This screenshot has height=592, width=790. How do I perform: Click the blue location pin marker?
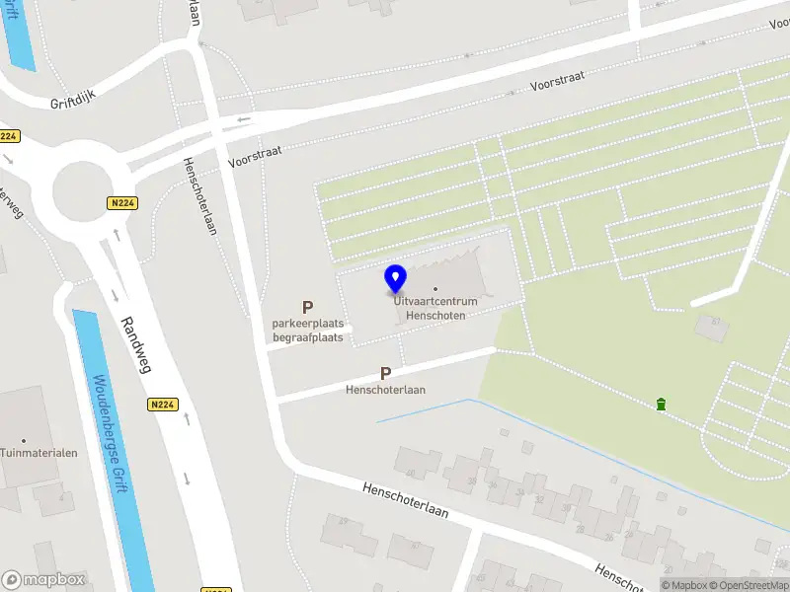pos(396,278)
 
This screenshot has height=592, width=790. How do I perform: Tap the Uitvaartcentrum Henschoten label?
pos(435,307)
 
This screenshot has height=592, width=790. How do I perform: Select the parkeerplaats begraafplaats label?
pos(308,331)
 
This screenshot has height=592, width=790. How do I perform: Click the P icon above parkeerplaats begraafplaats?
pos(308,308)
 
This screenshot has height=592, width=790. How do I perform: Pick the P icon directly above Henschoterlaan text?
pos(386,374)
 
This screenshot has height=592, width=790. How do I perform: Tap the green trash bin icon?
pos(660,404)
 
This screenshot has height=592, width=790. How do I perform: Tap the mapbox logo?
pos(43,580)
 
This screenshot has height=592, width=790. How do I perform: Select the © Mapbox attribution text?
pos(682,585)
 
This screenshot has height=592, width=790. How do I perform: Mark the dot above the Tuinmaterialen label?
pos(24,440)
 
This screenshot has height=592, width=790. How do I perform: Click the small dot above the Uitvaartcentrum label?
pos(435,289)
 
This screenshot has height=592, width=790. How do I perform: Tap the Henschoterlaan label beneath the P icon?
pos(385,390)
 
